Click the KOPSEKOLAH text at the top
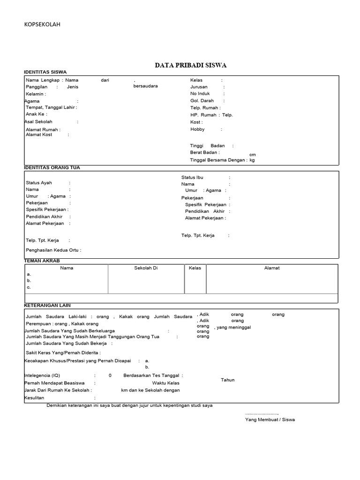(42, 24)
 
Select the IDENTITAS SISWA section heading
(45, 72)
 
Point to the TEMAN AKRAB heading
(42, 260)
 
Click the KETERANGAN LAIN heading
(47, 305)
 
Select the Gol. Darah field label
(202, 101)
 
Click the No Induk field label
(200, 94)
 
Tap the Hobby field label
(198, 129)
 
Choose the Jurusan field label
(199, 87)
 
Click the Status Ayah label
(39, 183)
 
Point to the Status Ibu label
(192, 177)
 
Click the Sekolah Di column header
(146, 268)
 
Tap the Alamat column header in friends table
(272, 268)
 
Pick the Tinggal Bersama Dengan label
(217, 160)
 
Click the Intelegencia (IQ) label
(42, 375)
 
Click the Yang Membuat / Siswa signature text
(270, 420)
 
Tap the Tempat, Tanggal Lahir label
(51, 107)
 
